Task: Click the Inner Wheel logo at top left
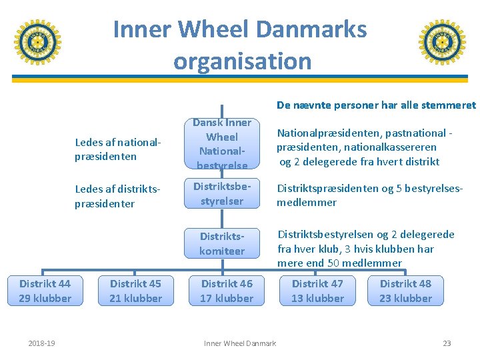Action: coord(37,42)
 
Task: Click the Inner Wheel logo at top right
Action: coord(442,42)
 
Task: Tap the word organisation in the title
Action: coord(242,61)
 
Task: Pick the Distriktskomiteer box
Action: coord(222,243)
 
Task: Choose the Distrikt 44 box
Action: coord(45,291)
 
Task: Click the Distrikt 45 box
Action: coord(135,291)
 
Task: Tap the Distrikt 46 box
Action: coord(227,291)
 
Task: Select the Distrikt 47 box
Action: coord(317,291)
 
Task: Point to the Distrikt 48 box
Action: coord(405,291)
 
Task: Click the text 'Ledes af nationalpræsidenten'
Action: coord(118,149)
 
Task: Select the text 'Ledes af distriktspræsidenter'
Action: coord(118,197)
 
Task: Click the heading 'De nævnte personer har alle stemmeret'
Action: coord(376,105)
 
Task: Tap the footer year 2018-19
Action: coord(42,343)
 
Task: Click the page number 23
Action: coord(447,343)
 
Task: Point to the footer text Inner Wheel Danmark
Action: coord(239,343)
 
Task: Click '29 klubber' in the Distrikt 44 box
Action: coord(45,298)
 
